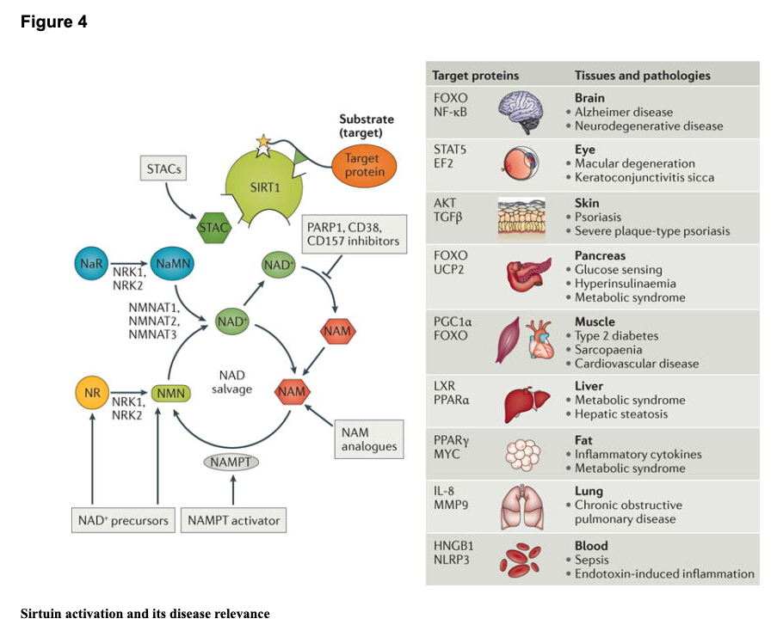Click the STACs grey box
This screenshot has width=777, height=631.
[164, 169]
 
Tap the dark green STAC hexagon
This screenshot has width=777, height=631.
[213, 228]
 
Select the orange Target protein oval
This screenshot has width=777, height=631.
[365, 166]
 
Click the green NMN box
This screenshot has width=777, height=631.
[169, 394]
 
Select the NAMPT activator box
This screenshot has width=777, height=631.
[233, 520]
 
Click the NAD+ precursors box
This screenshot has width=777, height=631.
[122, 520]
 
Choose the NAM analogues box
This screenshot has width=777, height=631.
[369, 438]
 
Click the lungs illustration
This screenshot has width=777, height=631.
[524, 507]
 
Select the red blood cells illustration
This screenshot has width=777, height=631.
[524, 559]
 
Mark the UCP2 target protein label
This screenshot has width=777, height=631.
[448, 270]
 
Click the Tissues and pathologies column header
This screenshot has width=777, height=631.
[642, 75]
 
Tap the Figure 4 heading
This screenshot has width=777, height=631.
[53, 22]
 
